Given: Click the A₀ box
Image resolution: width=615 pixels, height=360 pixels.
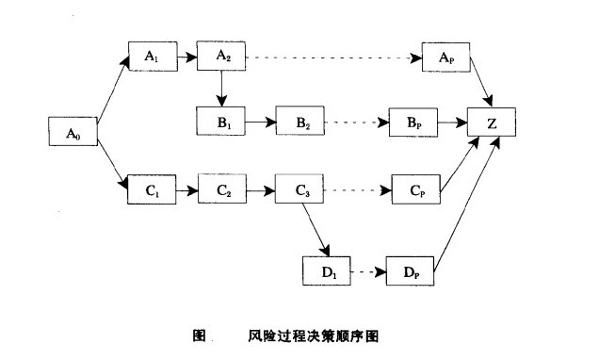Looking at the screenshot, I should pos(73,133).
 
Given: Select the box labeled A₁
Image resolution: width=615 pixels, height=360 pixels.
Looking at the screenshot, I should pos(152,57).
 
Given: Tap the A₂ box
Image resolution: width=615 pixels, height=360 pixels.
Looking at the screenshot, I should pos(222,57).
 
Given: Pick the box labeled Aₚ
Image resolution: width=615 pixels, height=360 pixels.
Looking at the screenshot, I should pos(445,57).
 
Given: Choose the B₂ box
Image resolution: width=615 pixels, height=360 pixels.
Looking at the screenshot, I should pos(300,123).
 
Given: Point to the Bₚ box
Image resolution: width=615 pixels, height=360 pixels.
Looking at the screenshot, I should pos(411,123).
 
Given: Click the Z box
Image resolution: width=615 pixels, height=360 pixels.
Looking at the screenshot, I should pos(492,123).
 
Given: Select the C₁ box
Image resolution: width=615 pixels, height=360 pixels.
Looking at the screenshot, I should pos(152,190).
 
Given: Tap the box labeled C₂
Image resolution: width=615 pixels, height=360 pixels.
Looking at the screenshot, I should pos(223,190).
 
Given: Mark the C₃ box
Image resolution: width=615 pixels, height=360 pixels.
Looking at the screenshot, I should pos(300,190).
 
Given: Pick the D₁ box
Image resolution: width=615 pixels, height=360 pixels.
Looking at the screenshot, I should pos(326,271).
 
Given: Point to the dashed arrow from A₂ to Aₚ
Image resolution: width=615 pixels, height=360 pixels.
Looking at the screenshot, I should pos(330,57).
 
